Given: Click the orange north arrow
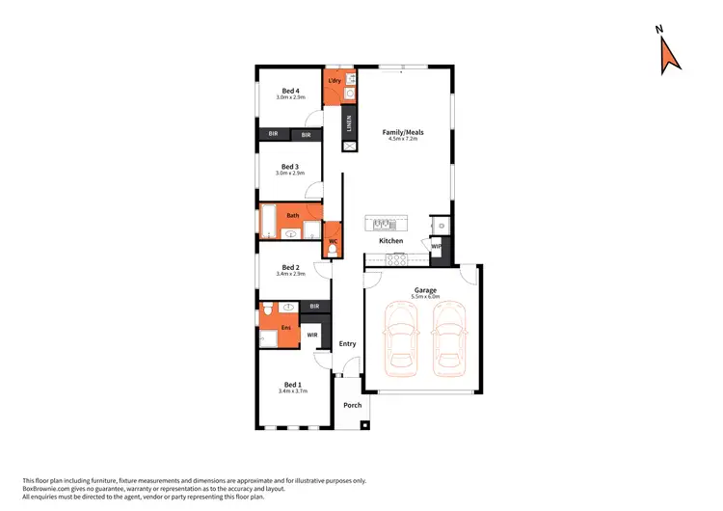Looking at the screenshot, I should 669,56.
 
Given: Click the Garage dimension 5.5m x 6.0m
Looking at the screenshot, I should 425,297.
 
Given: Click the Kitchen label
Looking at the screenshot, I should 390,240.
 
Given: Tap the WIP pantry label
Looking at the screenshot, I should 436,246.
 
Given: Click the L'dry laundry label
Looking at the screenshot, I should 335,80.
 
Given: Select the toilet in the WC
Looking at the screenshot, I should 332,251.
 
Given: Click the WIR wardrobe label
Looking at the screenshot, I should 311,335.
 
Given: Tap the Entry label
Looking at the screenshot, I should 347,343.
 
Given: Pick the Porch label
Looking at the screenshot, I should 353,405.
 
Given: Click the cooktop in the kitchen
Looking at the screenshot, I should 396,257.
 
